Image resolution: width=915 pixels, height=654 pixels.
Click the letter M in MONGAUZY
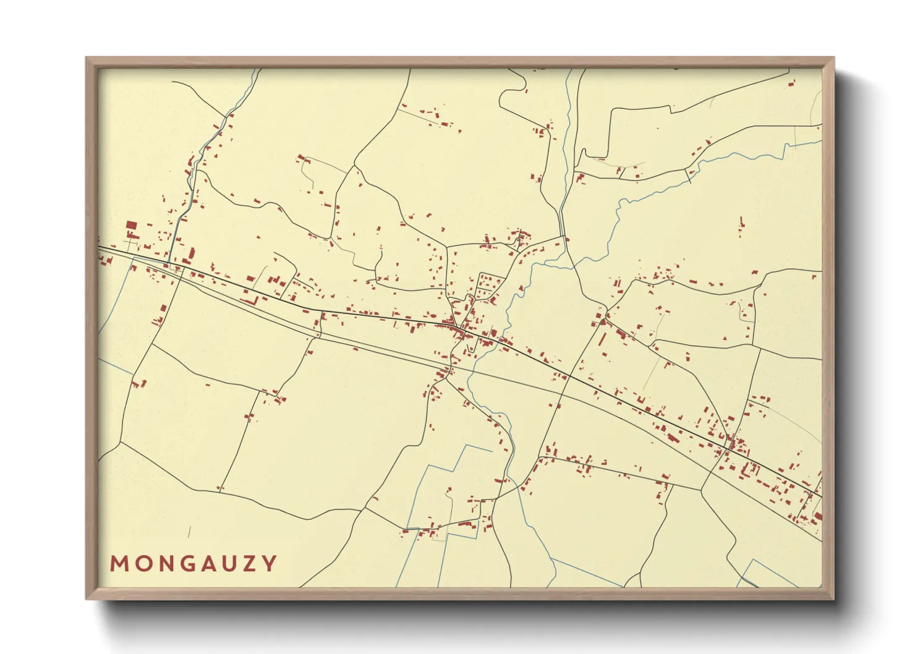click(119, 564)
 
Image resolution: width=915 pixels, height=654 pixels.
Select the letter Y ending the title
click(270, 564)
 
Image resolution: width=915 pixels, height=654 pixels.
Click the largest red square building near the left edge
click(131, 226)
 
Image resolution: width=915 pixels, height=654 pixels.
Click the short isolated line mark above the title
click(189, 532)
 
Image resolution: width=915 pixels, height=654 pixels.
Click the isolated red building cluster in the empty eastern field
click(741, 226)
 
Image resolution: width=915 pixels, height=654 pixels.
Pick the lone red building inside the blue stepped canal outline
click(450, 492)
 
